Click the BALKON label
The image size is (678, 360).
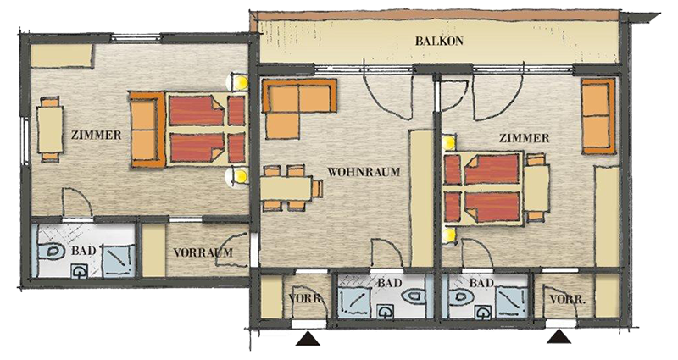439,41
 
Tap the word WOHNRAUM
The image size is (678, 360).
364,172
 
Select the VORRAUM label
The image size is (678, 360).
203,252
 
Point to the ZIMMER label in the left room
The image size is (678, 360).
96,135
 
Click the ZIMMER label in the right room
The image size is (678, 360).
524,138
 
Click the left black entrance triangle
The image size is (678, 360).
308,339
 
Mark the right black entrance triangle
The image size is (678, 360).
559,336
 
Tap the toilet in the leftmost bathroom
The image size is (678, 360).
53,252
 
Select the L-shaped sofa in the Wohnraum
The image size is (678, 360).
299,108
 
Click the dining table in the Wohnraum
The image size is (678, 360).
286,188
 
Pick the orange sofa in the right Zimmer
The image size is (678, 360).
598,116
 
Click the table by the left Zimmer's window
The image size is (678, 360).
50,130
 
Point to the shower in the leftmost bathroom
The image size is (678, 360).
118,261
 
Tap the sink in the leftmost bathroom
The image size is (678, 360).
79,271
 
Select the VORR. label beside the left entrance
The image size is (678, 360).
306,299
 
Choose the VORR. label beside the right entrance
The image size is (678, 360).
568,299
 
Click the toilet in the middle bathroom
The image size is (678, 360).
414,297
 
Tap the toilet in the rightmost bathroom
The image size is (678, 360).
462,298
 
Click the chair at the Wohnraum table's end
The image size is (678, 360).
318,188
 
